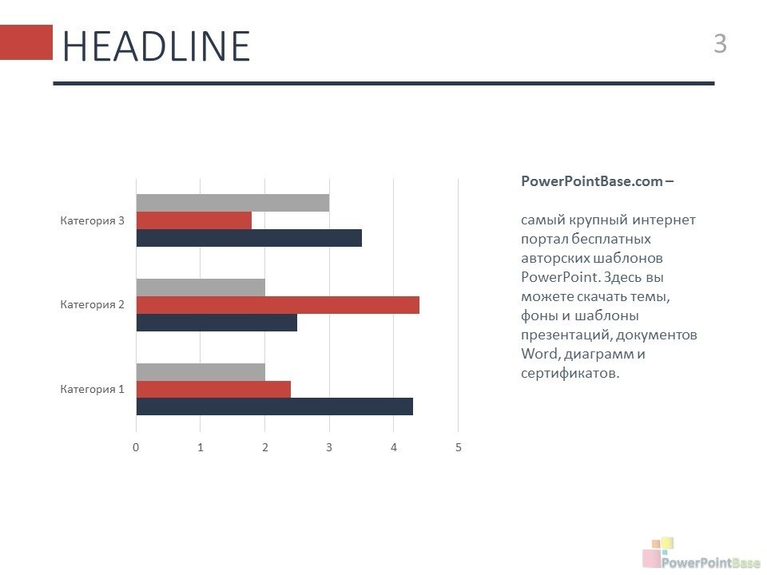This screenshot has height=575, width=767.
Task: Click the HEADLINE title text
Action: click(x=157, y=46)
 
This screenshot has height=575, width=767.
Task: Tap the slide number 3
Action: click(x=720, y=43)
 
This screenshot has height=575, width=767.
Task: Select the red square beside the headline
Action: click(x=26, y=42)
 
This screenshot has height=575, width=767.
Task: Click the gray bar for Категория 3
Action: click(x=232, y=203)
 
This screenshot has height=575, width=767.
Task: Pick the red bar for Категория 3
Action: click(x=194, y=220)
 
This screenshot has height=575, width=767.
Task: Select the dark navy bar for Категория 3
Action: click(x=249, y=238)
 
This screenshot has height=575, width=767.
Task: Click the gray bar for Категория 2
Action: click(x=201, y=287)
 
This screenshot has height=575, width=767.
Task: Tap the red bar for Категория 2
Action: click(x=278, y=305)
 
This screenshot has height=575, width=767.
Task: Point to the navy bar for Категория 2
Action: click(x=217, y=323)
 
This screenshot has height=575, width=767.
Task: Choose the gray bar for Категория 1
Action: click(x=201, y=372)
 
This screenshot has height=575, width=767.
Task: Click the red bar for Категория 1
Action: click(x=214, y=390)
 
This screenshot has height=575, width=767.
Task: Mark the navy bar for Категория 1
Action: click(x=275, y=406)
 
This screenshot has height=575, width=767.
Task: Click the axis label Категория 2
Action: click(x=93, y=304)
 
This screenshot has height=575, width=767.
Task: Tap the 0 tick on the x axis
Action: click(x=136, y=447)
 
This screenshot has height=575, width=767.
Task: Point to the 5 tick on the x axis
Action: click(x=459, y=447)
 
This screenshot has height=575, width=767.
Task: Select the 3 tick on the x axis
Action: click(x=329, y=447)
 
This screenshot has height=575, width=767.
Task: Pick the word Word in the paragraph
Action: click(x=539, y=354)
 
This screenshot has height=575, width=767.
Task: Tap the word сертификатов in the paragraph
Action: click(x=570, y=374)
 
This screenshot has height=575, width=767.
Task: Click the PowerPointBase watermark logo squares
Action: click(x=658, y=551)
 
